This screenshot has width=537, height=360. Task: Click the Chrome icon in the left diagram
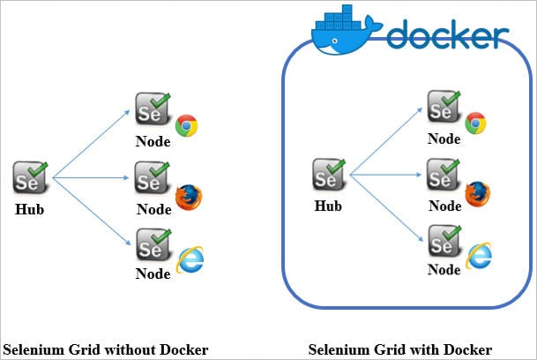[186, 126]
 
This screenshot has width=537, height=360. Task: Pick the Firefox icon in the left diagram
[188, 197]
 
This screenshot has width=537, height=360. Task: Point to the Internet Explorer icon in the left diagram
[189, 259]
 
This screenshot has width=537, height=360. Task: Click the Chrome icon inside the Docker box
[476, 124]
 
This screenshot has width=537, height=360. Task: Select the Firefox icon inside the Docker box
[477, 193]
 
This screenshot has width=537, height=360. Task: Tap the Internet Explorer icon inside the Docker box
[479, 256]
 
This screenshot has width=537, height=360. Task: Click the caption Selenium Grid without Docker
[106, 349]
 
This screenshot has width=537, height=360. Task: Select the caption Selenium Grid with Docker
[399, 349]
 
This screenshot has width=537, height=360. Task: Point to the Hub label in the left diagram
[29, 210]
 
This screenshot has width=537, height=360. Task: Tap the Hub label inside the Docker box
[327, 206]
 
